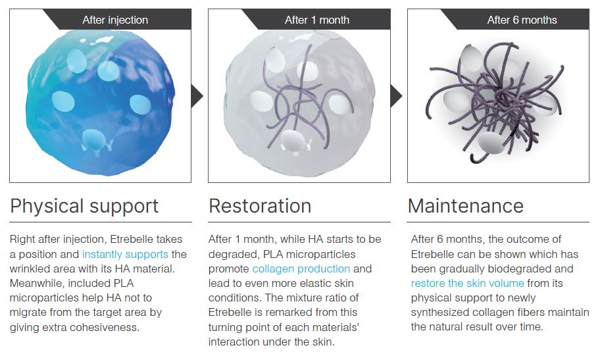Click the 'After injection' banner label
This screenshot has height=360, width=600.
(x=115, y=20)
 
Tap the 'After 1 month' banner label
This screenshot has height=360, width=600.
(x=317, y=20)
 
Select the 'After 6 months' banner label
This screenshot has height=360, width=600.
(x=522, y=20)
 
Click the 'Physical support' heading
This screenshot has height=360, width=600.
(x=84, y=207)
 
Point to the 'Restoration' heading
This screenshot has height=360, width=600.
(x=260, y=206)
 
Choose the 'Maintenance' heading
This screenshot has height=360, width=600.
(x=466, y=206)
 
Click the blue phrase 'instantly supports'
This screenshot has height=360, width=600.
(x=125, y=254)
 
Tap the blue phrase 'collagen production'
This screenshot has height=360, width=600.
(x=301, y=269)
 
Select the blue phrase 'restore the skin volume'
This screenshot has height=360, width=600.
(x=467, y=284)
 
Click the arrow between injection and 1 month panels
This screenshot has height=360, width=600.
(x=197, y=95)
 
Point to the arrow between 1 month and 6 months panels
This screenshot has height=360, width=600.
(x=396, y=95)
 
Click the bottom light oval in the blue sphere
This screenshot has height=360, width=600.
(x=93, y=139)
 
